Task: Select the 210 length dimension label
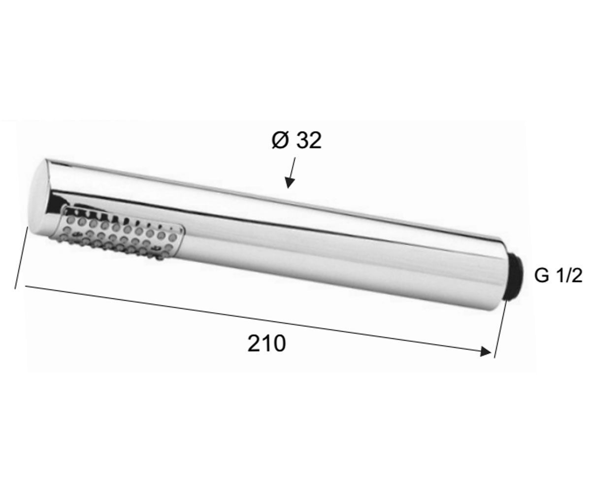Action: (x=266, y=344)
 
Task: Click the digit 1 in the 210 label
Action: (x=267, y=344)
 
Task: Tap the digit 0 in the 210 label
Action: (x=279, y=344)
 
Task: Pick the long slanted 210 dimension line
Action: (x=258, y=319)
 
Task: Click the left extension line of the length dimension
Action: (x=22, y=257)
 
